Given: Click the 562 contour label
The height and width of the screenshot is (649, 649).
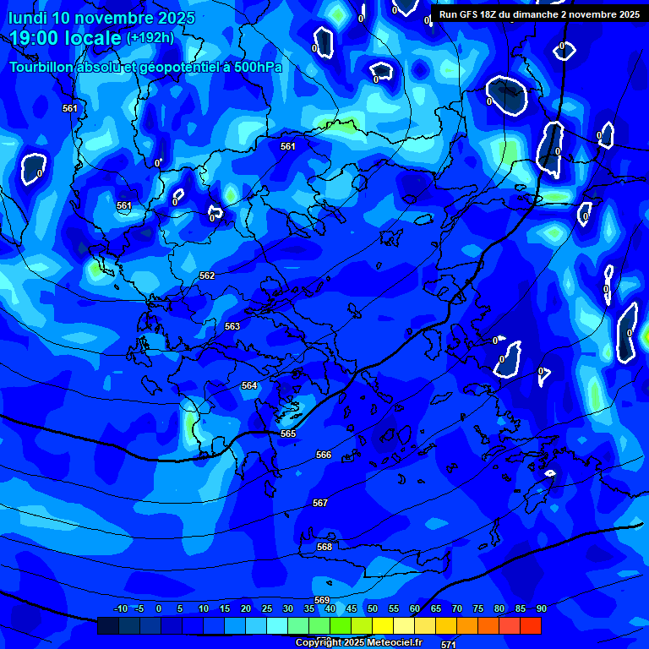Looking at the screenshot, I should pyautogui.click(x=207, y=275).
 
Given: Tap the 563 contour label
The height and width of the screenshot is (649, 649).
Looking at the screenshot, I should pyautogui.click(x=232, y=326).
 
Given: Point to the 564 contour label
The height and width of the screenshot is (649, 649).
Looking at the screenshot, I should pyautogui.click(x=248, y=385).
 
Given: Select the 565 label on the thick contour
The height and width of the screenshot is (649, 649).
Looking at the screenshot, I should pyautogui.click(x=288, y=434).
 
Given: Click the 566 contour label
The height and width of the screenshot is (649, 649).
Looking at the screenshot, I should pyautogui.click(x=324, y=455).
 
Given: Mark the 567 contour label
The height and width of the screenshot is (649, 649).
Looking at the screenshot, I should pyautogui.click(x=319, y=503).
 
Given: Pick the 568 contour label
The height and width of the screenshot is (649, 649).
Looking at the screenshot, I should pyautogui.click(x=324, y=547).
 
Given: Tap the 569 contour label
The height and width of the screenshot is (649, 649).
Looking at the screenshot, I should pyautogui.click(x=322, y=600).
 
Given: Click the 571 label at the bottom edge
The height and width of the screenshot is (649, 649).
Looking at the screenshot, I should pyautogui.click(x=449, y=644).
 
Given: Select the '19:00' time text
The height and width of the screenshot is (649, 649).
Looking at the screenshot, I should pyautogui.click(x=34, y=38).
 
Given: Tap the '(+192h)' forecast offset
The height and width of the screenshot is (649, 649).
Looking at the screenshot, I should pyautogui.click(x=150, y=38).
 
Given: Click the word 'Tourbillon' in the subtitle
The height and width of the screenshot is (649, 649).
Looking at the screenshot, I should pyautogui.click(x=43, y=67).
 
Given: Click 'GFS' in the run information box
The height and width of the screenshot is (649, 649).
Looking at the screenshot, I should pyautogui.click(x=467, y=14).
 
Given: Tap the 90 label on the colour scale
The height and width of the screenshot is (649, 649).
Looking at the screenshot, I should pyautogui.click(x=541, y=608).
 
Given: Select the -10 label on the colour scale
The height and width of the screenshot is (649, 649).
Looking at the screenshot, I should pyautogui.click(x=120, y=608).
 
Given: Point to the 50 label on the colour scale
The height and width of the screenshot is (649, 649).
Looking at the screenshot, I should pyautogui.click(x=372, y=608).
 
